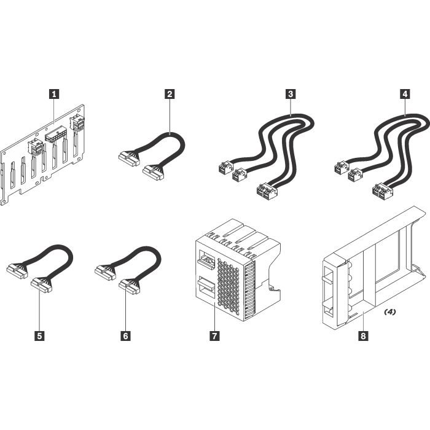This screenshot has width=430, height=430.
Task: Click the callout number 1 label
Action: (x=55, y=94)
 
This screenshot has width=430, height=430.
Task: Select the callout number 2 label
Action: (x=169, y=94)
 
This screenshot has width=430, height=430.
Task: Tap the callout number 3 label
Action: (x=290, y=94)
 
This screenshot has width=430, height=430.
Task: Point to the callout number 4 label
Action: (x=404, y=94)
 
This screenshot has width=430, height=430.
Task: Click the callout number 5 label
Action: (x=40, y=336)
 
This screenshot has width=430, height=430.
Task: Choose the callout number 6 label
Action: (x=126, y=336)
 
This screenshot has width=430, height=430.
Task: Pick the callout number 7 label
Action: (x=214, y=336)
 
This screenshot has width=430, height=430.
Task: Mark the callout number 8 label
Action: (x=363, y=336)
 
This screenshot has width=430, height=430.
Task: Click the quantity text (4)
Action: (x=389, y=312)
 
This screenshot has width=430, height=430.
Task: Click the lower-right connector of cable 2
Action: (x=152, y=172)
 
